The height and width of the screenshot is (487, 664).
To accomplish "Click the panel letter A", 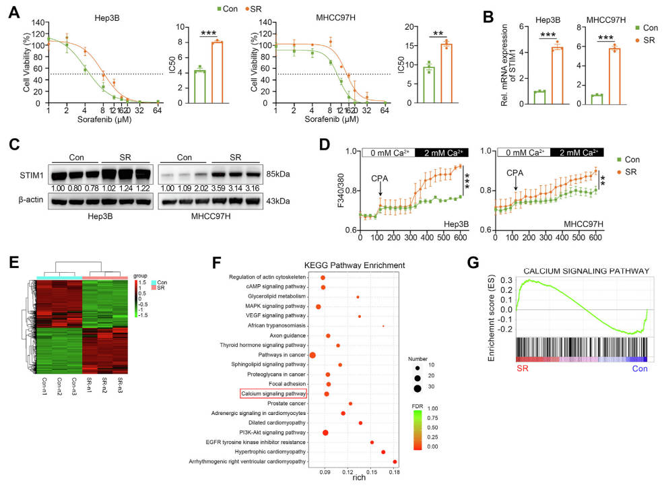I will pos(12,9).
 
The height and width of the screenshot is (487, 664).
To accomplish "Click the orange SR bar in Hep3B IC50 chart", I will pos(218,71).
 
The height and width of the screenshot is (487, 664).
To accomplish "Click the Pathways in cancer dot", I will pos(312,354).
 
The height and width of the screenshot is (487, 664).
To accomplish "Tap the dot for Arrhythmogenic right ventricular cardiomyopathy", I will pos(395,462).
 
